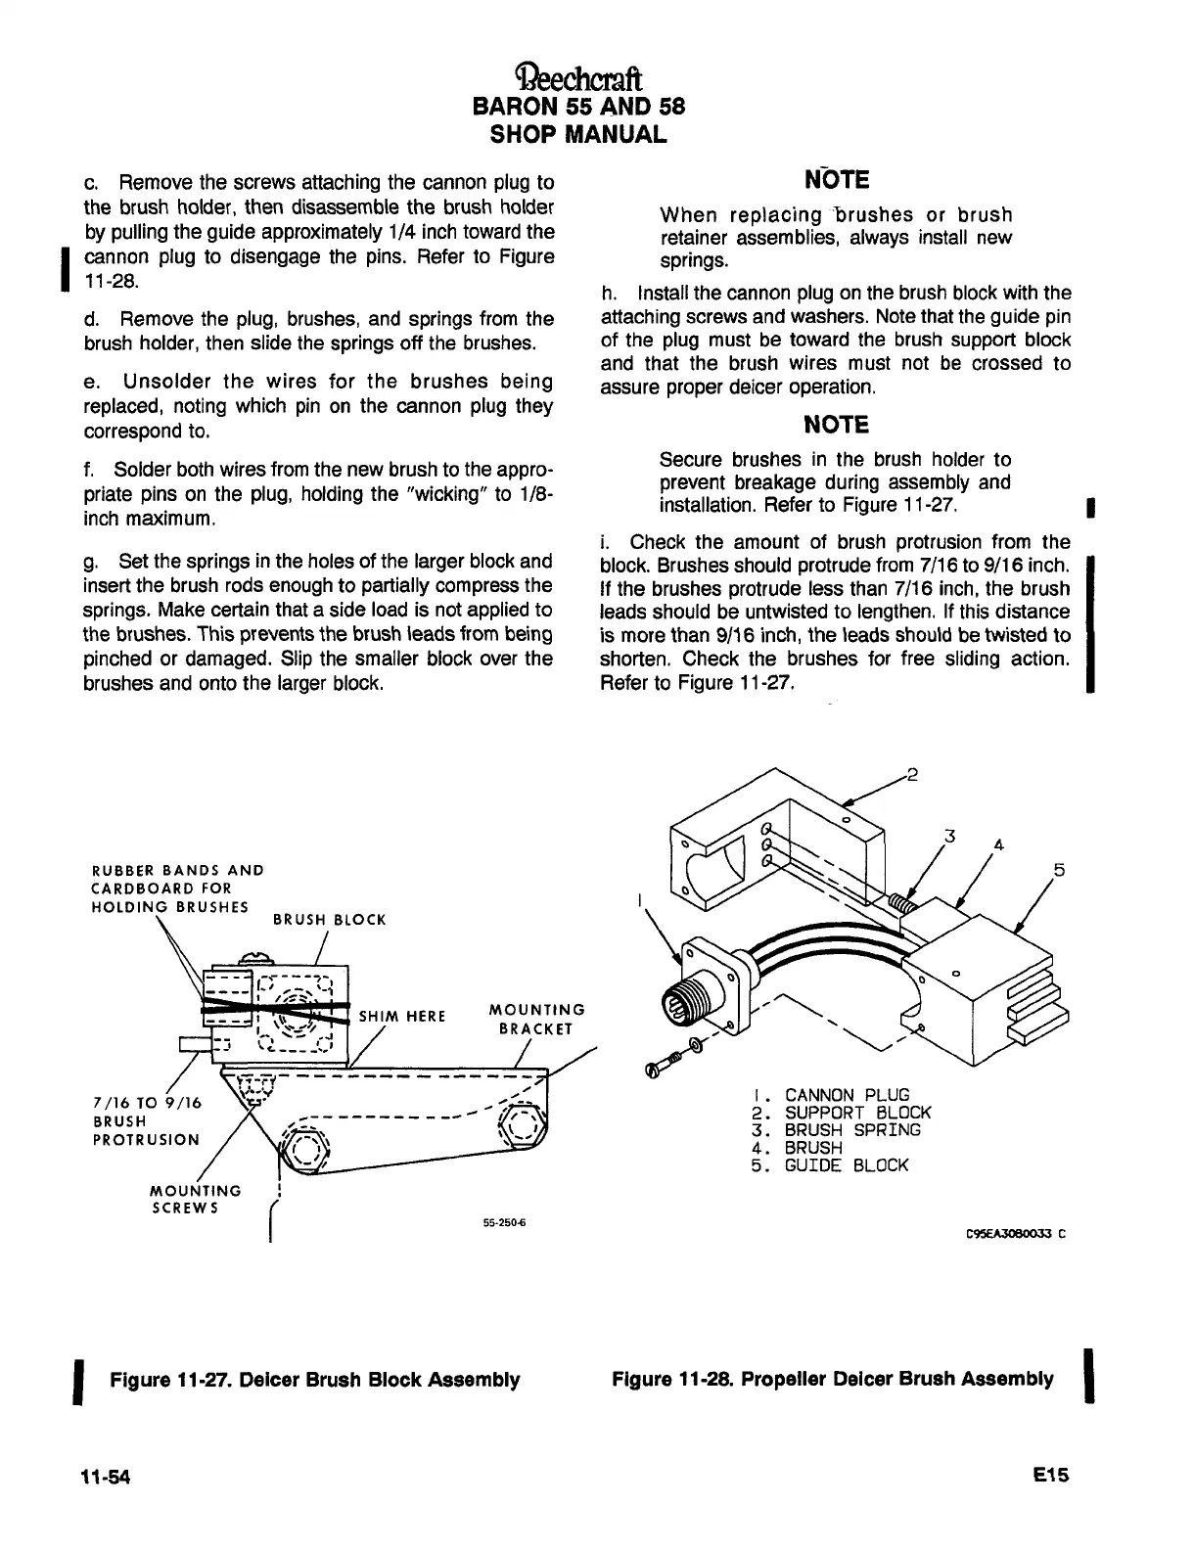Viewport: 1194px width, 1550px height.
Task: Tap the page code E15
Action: point(1051,1477)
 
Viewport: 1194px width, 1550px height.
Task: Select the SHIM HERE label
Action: point(402,1016)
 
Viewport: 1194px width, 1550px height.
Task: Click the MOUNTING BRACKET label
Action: point(536,1019)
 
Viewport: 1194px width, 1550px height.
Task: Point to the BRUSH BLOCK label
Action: point(329,920)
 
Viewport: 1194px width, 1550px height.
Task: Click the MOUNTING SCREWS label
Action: point(194,1199)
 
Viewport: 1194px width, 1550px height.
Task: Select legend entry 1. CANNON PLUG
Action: point(837,1095)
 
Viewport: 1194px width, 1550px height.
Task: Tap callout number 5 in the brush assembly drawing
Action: point(1058,870)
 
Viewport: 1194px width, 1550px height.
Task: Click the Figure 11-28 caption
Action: point(832,1380)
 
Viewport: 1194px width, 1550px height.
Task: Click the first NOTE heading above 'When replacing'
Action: point(835,181)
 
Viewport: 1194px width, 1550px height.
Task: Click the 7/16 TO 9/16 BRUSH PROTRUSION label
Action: point(145,1120)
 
